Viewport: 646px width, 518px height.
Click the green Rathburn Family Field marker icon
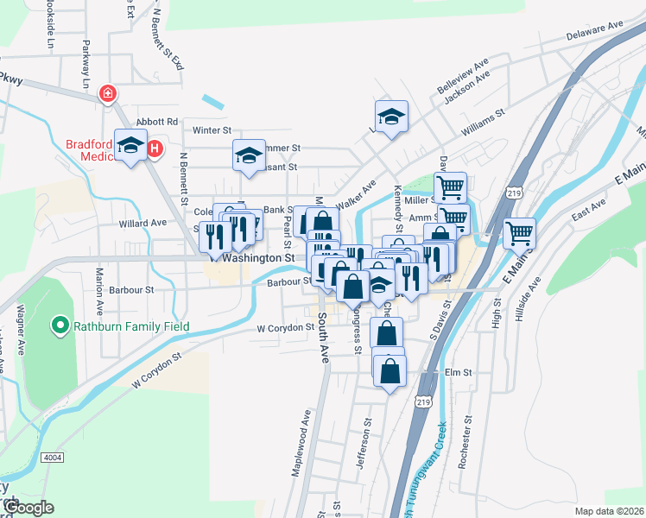[x=60, y=326]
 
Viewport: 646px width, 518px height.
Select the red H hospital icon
[x=155, y=149]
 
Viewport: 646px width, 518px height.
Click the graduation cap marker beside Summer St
[x=249, y=155]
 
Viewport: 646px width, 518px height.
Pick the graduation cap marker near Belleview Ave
[x=391, y=117]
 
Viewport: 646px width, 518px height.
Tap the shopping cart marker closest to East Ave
[x=519, y=231]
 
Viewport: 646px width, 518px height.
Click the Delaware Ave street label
[x=595, y=33]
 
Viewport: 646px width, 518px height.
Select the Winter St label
[x=212, y=130]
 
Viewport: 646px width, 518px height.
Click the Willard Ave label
[x=142, y=222]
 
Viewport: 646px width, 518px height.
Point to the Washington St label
[x=258, y=257]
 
